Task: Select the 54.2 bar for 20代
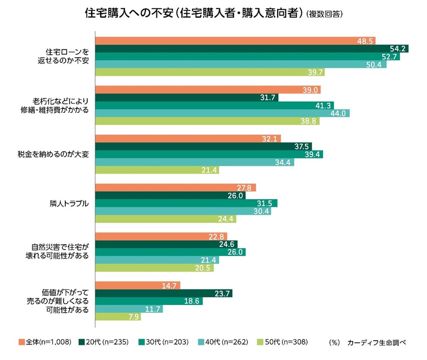point(251,49)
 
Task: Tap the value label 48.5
point(365,41)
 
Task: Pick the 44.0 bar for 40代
point(222,113)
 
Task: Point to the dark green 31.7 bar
point(187,98)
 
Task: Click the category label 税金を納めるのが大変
point(53,154)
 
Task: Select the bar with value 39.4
point(209,154)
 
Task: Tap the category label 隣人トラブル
point(69,204)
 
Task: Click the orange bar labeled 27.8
point(175,188)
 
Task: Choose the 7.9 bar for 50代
point(118,317)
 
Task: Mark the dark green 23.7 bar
point(164,293)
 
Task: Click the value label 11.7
point(152,309)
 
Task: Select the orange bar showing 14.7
point(138,285)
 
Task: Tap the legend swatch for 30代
point(142,342)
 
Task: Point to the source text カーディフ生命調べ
point(376,343)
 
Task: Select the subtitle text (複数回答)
point(324,14)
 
